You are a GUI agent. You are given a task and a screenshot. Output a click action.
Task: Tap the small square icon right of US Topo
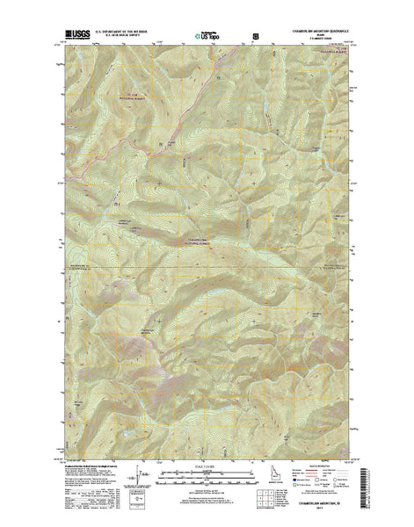(256, 37)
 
